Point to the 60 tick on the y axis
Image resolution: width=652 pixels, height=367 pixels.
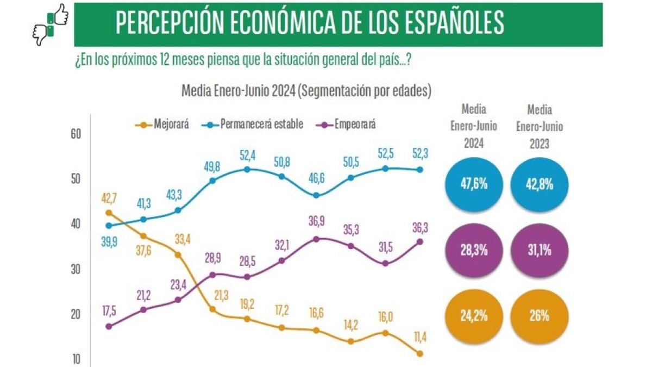click(x=76, y=134)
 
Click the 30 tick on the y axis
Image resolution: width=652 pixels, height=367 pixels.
click(x=76, y=269)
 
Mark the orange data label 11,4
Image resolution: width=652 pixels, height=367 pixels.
click(x=419, y=338)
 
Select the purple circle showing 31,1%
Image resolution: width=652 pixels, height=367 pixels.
click(x=540, y=252)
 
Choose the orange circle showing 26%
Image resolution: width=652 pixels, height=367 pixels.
click(x=540, y=315)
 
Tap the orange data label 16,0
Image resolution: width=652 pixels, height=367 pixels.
click(x=385, y=318)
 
